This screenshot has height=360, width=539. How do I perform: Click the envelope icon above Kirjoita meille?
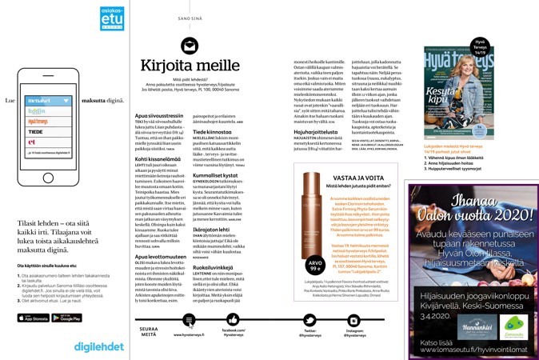point(189,46)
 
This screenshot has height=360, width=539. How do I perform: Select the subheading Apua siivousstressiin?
point(163,115)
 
